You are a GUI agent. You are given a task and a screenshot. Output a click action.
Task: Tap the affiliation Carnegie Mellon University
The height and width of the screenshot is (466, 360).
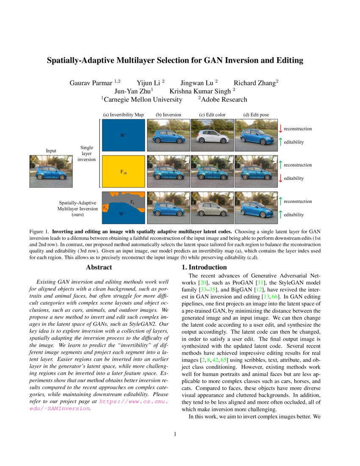click(143, 100)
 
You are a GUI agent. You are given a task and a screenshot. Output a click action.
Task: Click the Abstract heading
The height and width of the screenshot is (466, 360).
click(99, 267)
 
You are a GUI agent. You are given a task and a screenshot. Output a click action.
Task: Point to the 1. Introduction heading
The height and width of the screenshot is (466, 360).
click(204, 267)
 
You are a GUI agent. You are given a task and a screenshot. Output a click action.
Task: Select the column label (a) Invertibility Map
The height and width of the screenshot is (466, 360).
click(123, 115)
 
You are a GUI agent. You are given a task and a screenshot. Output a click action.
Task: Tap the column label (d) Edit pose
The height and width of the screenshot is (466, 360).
click(256, 115)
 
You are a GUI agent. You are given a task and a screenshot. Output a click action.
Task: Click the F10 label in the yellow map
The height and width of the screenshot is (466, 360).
click(123, 172)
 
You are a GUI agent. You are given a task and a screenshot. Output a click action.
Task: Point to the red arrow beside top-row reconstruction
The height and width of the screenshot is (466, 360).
click(280, 128)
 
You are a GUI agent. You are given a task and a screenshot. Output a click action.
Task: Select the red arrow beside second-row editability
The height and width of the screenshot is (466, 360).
click(280, 178)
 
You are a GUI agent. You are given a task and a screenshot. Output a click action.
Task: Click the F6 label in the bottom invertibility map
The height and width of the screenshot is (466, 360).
click(105, 208)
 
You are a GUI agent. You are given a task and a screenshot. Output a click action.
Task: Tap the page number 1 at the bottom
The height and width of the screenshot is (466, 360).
click(175, 434)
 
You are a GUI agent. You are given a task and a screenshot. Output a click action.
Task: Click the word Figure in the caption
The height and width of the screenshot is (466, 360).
click(37, 232)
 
